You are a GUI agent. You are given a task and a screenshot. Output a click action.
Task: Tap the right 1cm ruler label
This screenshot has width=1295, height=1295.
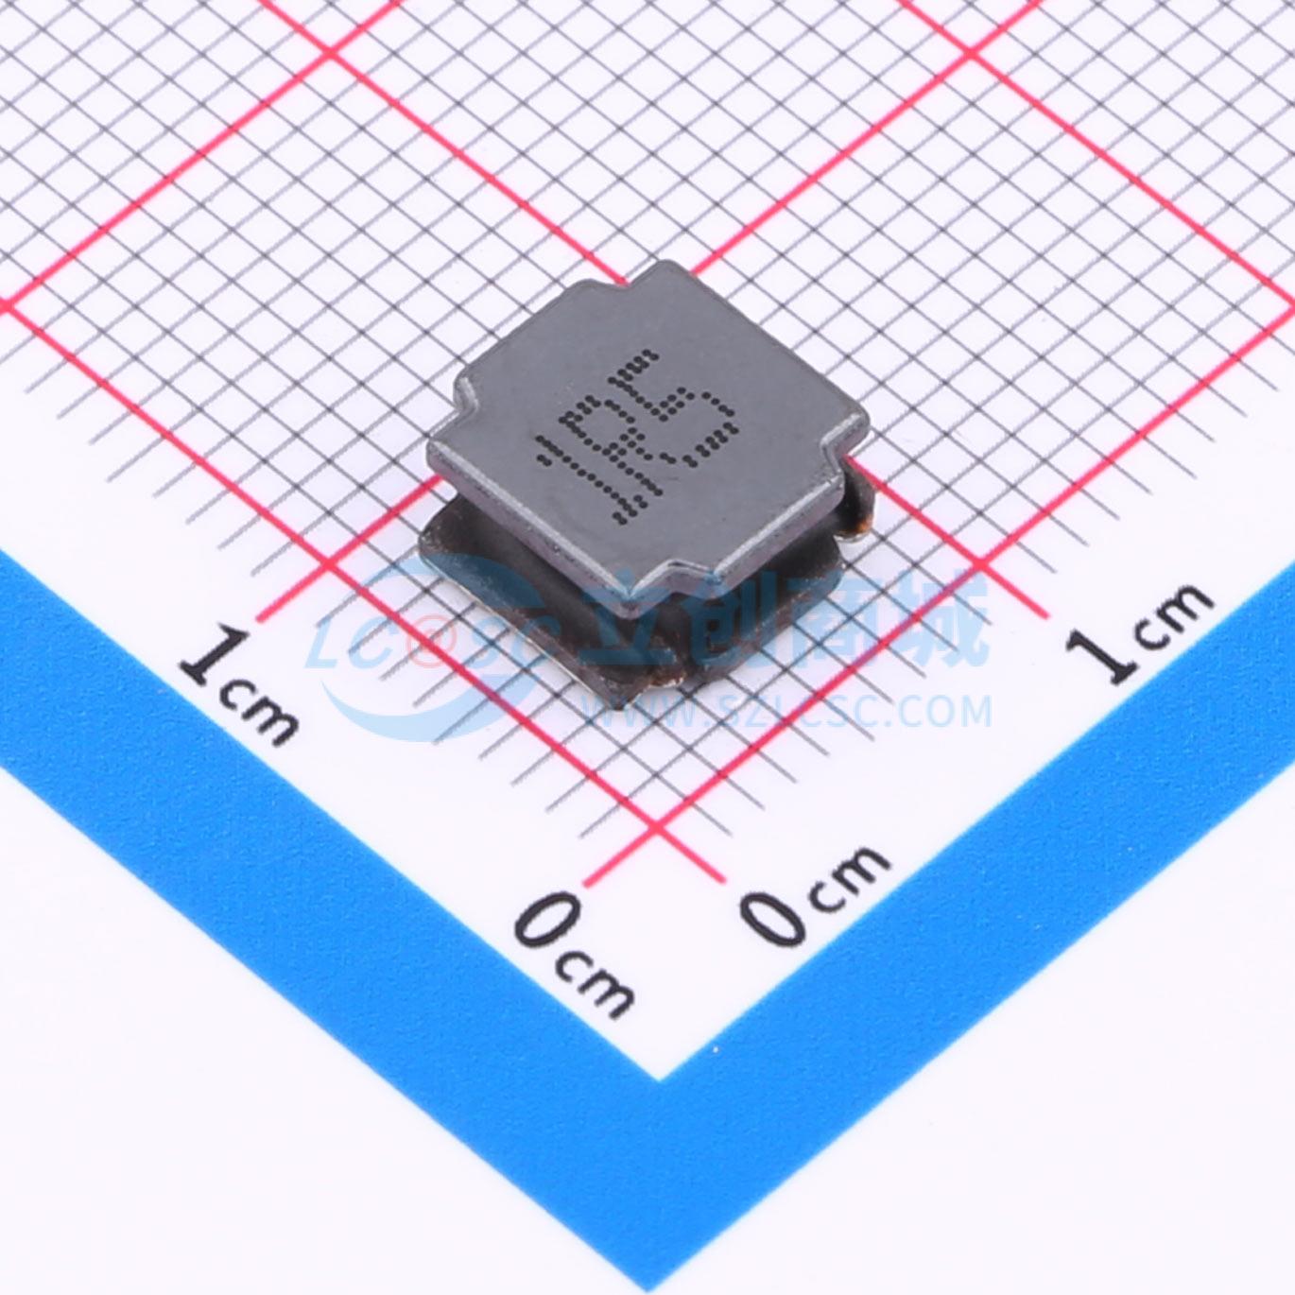coord(1140,629)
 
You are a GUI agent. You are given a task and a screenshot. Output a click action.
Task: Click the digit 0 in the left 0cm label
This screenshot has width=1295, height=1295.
coord(547,922)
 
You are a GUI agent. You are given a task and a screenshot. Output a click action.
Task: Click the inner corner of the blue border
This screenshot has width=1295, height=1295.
coord(659,1078)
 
